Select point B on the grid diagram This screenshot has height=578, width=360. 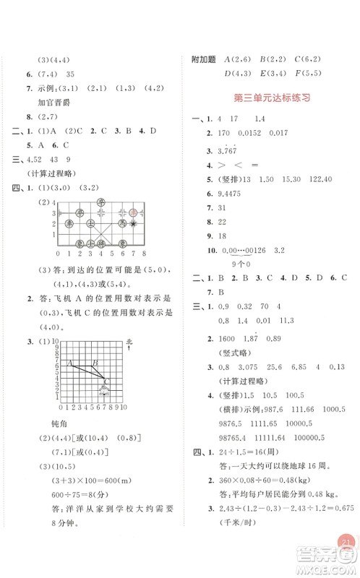click(95, 363)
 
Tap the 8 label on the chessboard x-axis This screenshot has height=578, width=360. click(145, 254)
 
